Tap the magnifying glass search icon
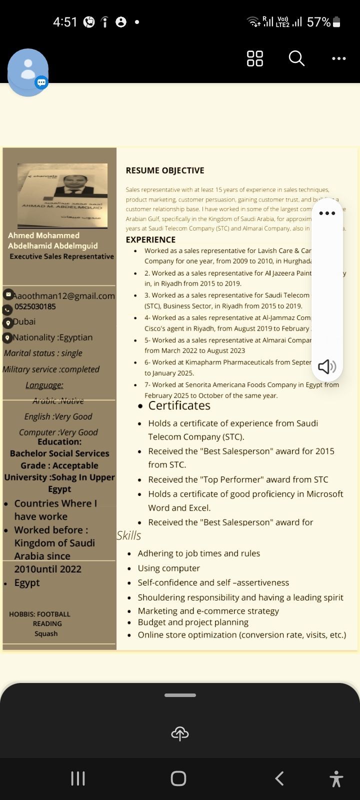[296, 58]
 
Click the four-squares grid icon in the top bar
[254, 58]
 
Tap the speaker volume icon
[327, 366]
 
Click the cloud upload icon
[180, 733]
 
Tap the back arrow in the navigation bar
[279, 778]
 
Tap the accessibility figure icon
[336, 779]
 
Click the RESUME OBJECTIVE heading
[165, 170]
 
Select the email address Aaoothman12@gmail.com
[64, 295]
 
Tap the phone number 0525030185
[35, 306]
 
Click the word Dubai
[24, 321]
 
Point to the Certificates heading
[179, 405]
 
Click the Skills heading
[128, 535]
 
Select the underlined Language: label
[44, 385]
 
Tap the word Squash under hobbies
[46, 633]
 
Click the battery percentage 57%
[318, 22]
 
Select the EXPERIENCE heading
[150, 239]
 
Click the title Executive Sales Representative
[62, 256]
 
